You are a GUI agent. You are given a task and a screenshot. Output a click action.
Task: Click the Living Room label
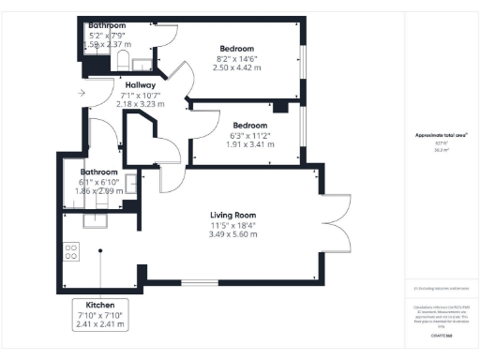pyautogui.click(x=232, y=215)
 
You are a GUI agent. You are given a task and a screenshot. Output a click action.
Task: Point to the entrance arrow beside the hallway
pyautogui.click(x=82, y=93)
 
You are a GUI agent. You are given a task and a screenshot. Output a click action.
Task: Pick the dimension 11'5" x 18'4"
pyautogui.click(x=232, y=225)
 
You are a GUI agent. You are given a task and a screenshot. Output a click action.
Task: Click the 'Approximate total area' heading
pyautogui.click(x=442, y=135)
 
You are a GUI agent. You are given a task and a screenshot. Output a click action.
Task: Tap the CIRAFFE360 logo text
pyautogui.click(x=442, y=334)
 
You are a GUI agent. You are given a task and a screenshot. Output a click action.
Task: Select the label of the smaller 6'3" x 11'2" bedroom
pyautogui.click(x=250, y=126)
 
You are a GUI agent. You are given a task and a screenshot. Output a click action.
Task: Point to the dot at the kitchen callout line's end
pyautogui.click(x=100, y=250)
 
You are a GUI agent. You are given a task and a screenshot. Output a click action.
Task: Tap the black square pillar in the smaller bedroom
pyautogui.click(x=277, y=105)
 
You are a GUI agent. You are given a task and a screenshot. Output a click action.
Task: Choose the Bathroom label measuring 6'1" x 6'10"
pyautogui.click(x=98, y=172)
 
